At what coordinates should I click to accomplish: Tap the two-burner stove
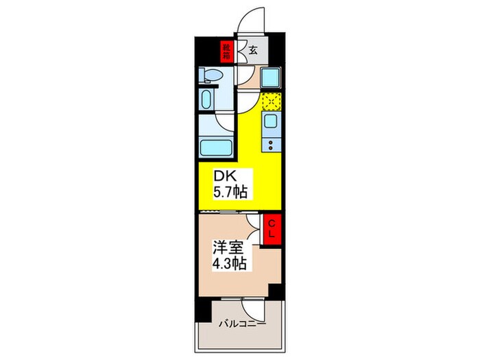(271, 145)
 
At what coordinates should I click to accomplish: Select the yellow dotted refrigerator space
(270, 101)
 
